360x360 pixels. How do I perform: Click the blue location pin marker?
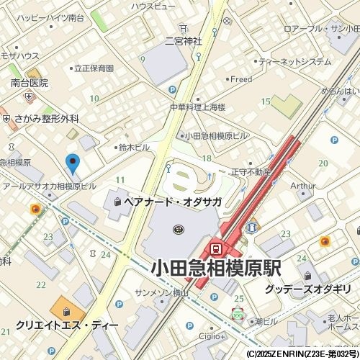tap(73, 163)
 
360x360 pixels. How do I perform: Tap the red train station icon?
tap(215, 248)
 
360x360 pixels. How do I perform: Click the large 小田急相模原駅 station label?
tap(216, 269)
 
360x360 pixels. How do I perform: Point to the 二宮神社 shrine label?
tap(184, 41)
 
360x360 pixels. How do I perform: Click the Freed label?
tap(241, 79)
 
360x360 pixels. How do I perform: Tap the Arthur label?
tap(302, 186)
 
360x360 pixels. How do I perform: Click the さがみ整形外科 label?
tap(45, 119)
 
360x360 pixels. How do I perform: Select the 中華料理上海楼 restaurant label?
tap(197, 107)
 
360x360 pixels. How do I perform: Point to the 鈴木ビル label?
tap(134, 148)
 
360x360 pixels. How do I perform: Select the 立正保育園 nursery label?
tap(94, 68)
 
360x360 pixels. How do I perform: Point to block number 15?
tap(266, 102)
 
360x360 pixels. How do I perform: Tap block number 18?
tap(207, 158)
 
